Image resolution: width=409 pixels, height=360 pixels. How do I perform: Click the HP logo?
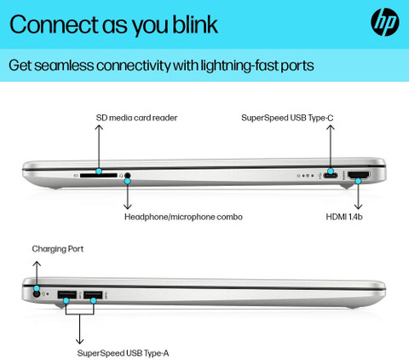pyautogui.click(x=385, y=22)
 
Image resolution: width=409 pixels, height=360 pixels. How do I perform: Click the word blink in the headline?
pyautogui.click(x=195, y=25)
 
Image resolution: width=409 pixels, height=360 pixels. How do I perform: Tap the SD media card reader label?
pyautogui.click(x=136, y=118)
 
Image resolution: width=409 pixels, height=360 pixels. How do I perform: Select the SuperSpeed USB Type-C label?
pyautogui.click(x=287, y=118)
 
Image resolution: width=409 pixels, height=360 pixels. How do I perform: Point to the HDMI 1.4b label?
pyautogui.click(x=344, y=217)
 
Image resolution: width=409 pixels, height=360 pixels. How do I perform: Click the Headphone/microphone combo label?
pyautogui.click(x=183, y=217)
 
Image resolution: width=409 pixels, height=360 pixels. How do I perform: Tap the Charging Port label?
pyautogui.click(x=58, y=249)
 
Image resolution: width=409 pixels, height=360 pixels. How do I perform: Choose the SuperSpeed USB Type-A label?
pyautogui.click(x=123, y=353)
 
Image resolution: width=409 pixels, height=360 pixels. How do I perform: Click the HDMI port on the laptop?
pyautogui.click(x=359, y=175)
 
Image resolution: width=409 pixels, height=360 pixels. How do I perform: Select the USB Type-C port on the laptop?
pyautogui.click(x=331, y=176)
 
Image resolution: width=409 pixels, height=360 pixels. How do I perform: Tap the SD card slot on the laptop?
pyautogui.click(x=98, y=176)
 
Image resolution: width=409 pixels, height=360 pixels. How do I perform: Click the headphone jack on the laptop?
pyautogui.click(x=128, y=176)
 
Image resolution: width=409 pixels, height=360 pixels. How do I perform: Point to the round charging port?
pyautogui.click(x=37, y=294)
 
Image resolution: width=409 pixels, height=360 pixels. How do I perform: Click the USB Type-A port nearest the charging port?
pyautogui.click(x=67, y=295)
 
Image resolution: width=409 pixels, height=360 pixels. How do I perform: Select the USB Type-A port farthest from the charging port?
pyautogui.click(x=93, y=295)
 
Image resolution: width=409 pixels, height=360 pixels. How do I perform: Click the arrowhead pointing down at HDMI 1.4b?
pyautogui.click(x=359, y=206)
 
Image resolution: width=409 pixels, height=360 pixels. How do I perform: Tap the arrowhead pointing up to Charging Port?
pyautogui.click(x=37, y=264)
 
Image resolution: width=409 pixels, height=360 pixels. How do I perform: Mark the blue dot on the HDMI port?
pyautogui.click(x=359, y=181)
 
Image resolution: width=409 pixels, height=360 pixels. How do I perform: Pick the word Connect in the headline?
pyautogui.click(x=54, y=25)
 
